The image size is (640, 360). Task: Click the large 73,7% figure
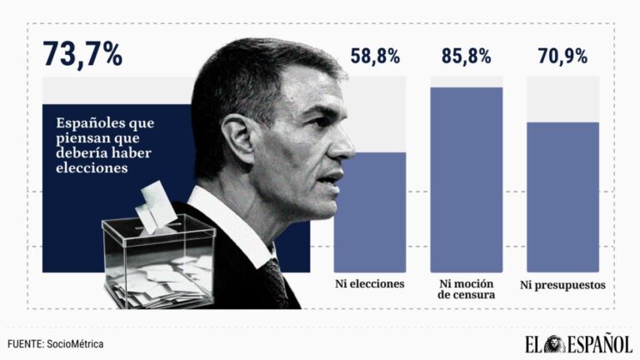point(82,55)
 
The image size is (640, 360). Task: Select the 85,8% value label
point(466,57)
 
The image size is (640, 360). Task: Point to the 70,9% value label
point(562,57)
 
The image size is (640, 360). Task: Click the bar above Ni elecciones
point(369,212)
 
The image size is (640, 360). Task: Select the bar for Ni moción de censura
point(466,179)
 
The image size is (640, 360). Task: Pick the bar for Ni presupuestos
point(562,197)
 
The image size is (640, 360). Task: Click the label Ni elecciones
point(369,283)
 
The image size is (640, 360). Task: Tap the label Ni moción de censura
point(466,288)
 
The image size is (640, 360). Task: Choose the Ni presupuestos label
point(562,285)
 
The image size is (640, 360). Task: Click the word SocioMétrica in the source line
point(76,343)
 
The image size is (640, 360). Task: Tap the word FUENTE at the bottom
point(24,343)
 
